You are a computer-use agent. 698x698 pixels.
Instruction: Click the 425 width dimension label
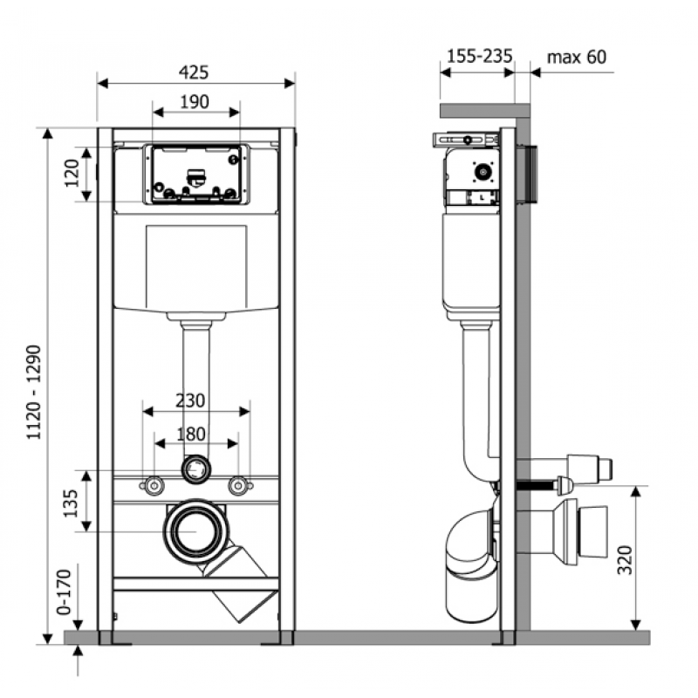coord(195,72)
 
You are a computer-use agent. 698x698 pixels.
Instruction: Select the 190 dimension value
coord(195,102)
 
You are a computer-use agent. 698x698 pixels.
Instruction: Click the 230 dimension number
coord(189,401)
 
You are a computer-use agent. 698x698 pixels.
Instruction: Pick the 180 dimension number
coord(191,434)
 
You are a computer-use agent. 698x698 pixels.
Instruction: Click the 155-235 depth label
coord(479,57)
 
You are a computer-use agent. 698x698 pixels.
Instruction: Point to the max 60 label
coord(576,57)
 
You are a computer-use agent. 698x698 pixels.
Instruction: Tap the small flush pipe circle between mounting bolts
coord(196,469)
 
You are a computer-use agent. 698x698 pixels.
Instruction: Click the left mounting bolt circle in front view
coord(154,484)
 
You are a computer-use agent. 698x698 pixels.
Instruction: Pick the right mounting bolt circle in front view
coord(237,484)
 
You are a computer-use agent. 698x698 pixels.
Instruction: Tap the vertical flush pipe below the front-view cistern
coord(196,384)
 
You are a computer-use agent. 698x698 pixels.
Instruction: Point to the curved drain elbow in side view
coord(467,545)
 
